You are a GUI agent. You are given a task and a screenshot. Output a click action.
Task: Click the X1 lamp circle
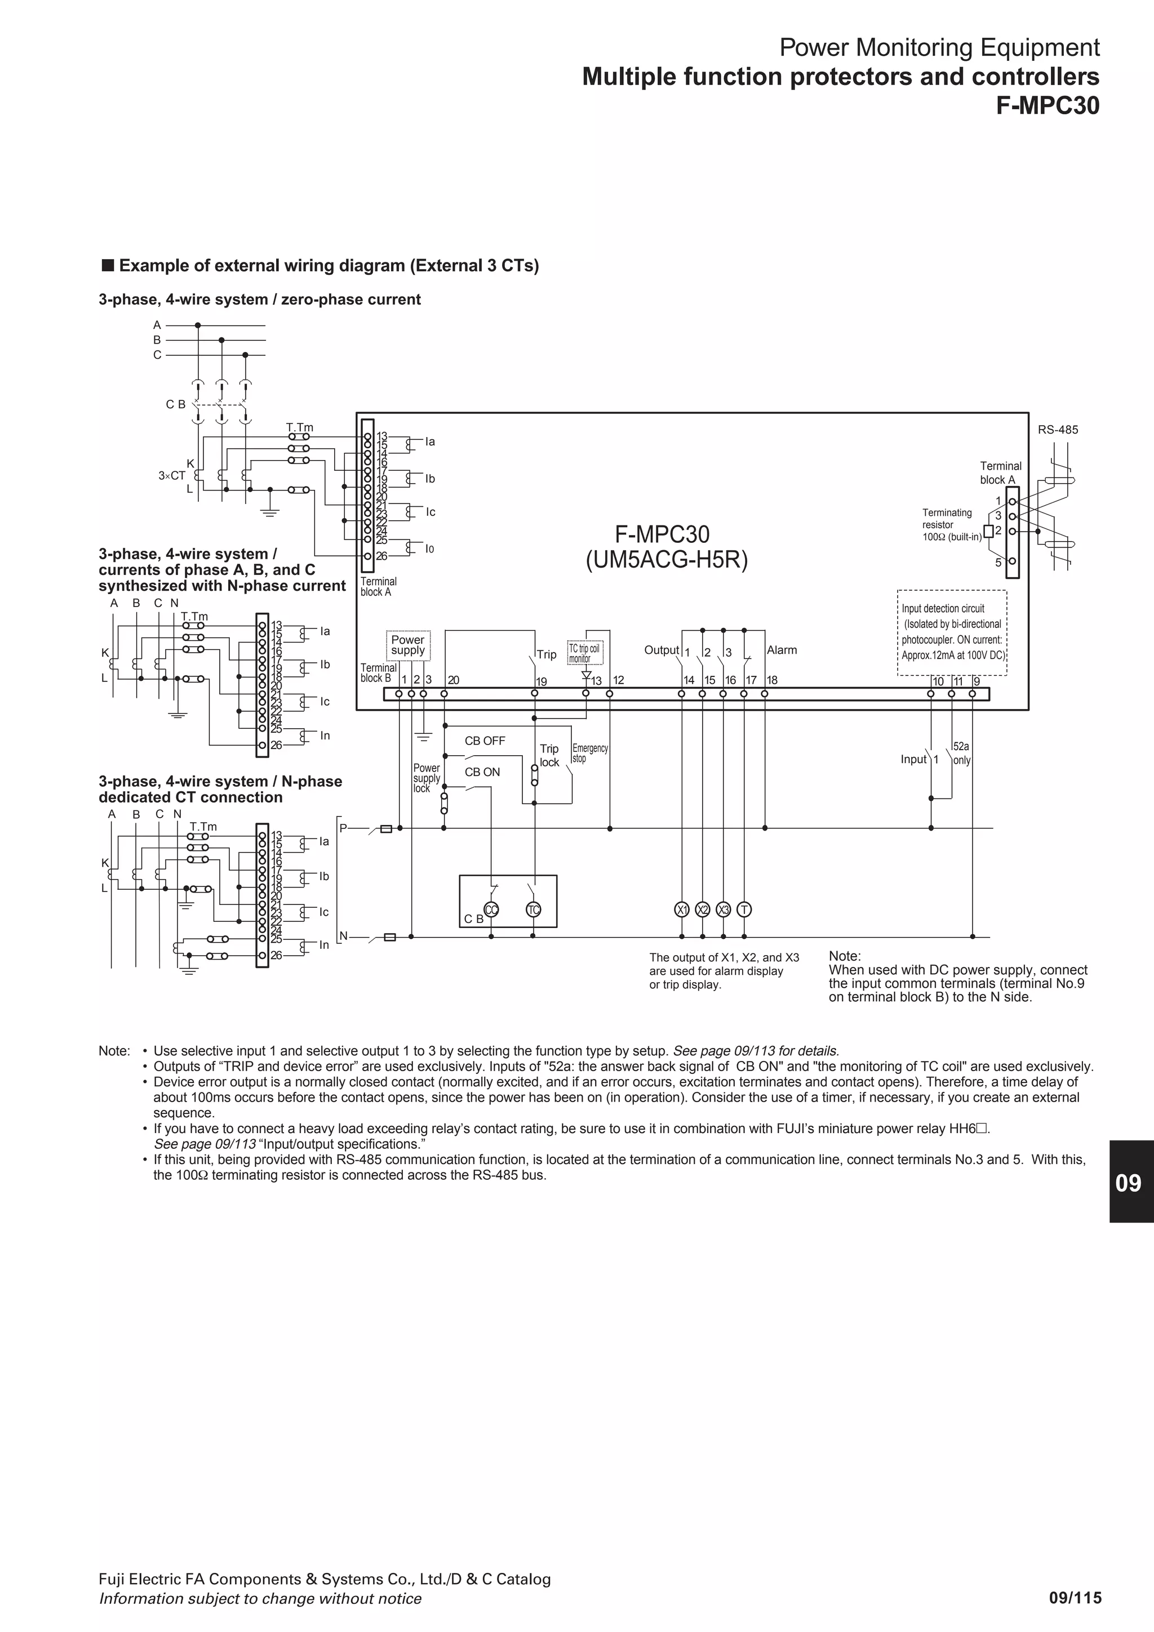tap(682, 910)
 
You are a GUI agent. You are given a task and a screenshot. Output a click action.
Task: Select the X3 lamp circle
tap(723, 910)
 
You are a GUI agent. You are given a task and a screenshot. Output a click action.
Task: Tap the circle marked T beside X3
tap(744, 910)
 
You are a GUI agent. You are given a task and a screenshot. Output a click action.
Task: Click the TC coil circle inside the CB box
tap(533, 910)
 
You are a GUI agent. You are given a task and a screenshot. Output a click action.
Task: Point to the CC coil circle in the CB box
tap(491, 910)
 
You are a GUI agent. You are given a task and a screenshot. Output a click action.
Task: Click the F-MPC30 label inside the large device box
tap(662, 534)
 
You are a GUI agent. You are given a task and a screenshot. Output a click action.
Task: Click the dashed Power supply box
tap(407, 645)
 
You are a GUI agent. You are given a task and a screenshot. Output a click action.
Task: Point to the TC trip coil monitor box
tap(584, 653)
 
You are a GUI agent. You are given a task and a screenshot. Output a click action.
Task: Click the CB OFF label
tap(485, 741)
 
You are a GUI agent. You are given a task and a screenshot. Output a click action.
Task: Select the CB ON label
tap(482, 772)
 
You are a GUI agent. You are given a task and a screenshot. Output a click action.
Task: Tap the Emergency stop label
tap(590, 753)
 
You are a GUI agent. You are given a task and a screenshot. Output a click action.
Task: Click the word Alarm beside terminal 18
tap(782, 650)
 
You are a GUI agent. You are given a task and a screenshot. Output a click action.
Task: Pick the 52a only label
tap(961, 753)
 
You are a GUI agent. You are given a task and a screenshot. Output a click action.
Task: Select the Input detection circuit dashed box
tap(951, 632)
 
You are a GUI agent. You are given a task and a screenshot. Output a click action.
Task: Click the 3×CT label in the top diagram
tap(171, 475)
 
